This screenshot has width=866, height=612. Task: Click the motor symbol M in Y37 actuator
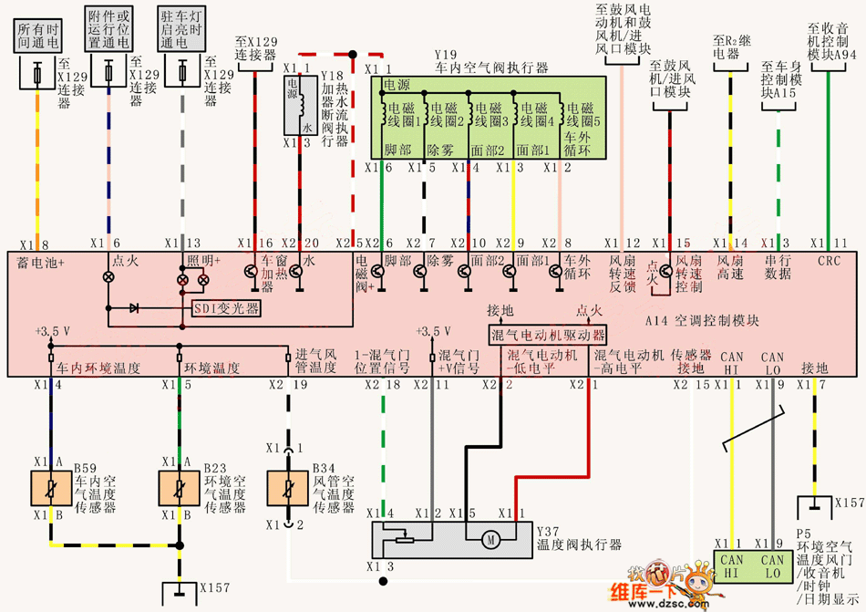tap(490, 541)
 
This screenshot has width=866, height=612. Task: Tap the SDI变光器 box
tap(226, 307)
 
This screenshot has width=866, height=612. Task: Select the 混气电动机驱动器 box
tap(547, 333)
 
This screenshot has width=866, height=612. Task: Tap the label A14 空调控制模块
tap(701, 321)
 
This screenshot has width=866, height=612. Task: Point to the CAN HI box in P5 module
tap(732, 567)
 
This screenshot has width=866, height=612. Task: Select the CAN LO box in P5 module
tap(772, 567)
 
